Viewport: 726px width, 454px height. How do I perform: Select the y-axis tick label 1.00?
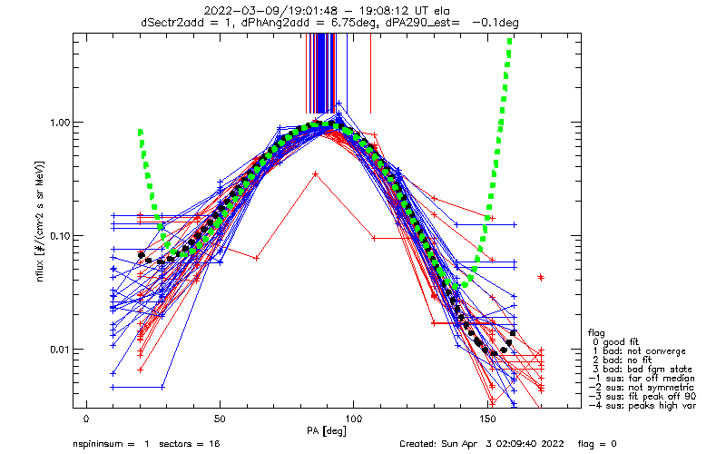click(x=58, y=122)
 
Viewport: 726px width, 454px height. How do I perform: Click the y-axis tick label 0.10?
click(x=58, y=236)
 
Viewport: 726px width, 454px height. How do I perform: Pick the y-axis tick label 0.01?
click(x=58, y=350)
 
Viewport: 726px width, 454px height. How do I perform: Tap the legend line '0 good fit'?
click(x=618, y=340)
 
